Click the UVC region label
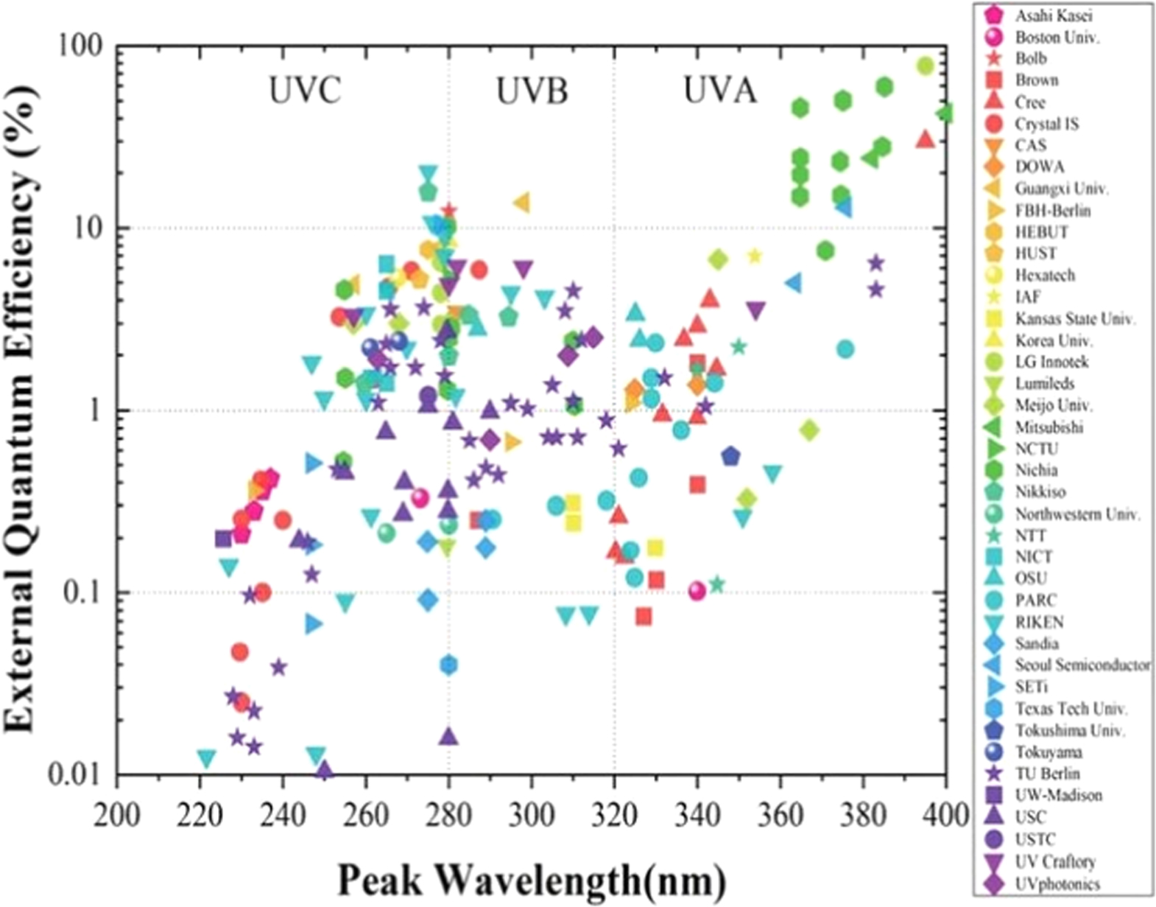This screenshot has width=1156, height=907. (x=304, y=91)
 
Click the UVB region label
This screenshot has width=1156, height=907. (x=532, y=91)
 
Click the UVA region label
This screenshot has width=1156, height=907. (x=719, y=91)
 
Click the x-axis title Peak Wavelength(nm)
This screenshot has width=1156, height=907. (x=532, y=878)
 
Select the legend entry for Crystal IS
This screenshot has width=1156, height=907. (x=1046, y=124)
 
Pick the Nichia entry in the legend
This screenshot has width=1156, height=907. (x=1036, y=470)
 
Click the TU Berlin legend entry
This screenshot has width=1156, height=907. (x=1047, y=774)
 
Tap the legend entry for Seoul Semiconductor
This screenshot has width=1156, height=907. (x=1081, y=665)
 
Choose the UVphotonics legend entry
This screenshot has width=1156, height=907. (x=1057, y=883)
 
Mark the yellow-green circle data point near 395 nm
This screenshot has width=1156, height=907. (x=926, y=66)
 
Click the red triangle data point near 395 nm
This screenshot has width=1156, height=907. (x=926, y=139)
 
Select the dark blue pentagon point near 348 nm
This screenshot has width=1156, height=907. (x=730, y=456)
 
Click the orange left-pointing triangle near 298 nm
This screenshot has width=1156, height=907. (x=521, y=203)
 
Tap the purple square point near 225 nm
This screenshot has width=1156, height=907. (x=223, y=539)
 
